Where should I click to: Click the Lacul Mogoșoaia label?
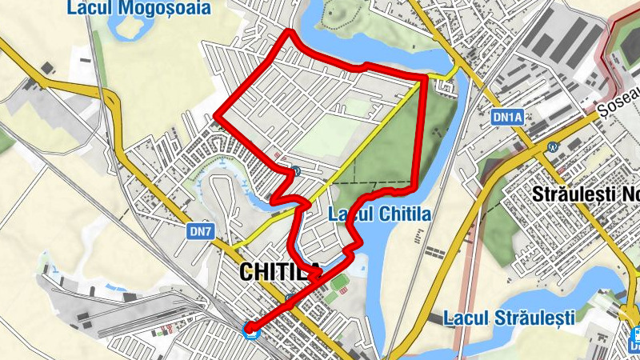pos(139,9)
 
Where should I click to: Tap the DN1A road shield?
pos(506,117)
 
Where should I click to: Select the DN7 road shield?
pos(201,231)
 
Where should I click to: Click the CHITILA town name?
pos(281,272)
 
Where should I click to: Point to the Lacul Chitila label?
pos(380,214)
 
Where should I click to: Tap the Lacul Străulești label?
pos(509,318)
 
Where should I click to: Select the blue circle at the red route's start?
pos(251,327)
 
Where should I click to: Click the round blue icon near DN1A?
pos(552,147)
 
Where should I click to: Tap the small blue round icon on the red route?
pos(296,170)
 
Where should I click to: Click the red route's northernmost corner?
pos(289,32)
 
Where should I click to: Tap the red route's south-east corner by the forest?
pos(414,189)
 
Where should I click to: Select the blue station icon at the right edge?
pos(634,334)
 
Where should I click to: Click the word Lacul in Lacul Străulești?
pos(465,318)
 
